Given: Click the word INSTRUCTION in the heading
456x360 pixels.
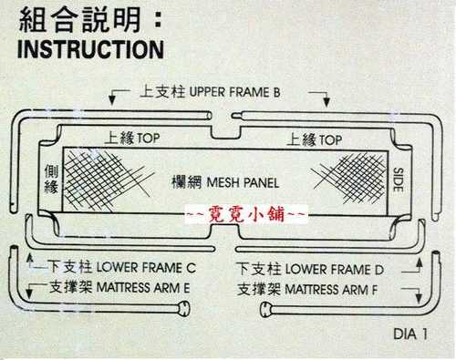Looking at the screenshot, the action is pos(91,49).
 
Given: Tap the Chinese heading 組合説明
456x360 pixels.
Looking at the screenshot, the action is pos(80,20).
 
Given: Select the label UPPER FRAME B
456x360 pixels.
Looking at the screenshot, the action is pos(234,92).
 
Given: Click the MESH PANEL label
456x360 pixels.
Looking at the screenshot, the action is pos(243,182).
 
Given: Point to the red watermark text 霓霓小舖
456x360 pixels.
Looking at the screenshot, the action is pos(246,215).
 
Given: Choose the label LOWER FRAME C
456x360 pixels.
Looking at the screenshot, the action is pos(146,268).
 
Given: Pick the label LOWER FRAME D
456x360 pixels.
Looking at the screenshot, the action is pos(335,270).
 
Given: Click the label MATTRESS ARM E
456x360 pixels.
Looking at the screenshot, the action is pos(143,288).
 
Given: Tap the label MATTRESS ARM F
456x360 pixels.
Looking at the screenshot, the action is pos(331,290).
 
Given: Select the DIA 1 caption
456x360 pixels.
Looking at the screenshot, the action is pos(410,334).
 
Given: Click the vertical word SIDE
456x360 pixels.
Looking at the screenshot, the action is pos(398,180).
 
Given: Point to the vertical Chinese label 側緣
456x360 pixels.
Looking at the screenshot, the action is pos(51,180).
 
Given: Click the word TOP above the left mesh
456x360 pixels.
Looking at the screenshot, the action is pos(148,139).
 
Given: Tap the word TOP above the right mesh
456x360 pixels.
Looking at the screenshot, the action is pos(330,140).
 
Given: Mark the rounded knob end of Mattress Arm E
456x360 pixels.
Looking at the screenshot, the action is pos(183,308).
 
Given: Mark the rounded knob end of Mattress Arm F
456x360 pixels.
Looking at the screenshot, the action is pos(266,310).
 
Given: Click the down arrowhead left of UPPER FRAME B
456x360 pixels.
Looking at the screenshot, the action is pos(112,100).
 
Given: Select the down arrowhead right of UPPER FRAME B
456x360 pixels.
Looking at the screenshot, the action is pos(326,102).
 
